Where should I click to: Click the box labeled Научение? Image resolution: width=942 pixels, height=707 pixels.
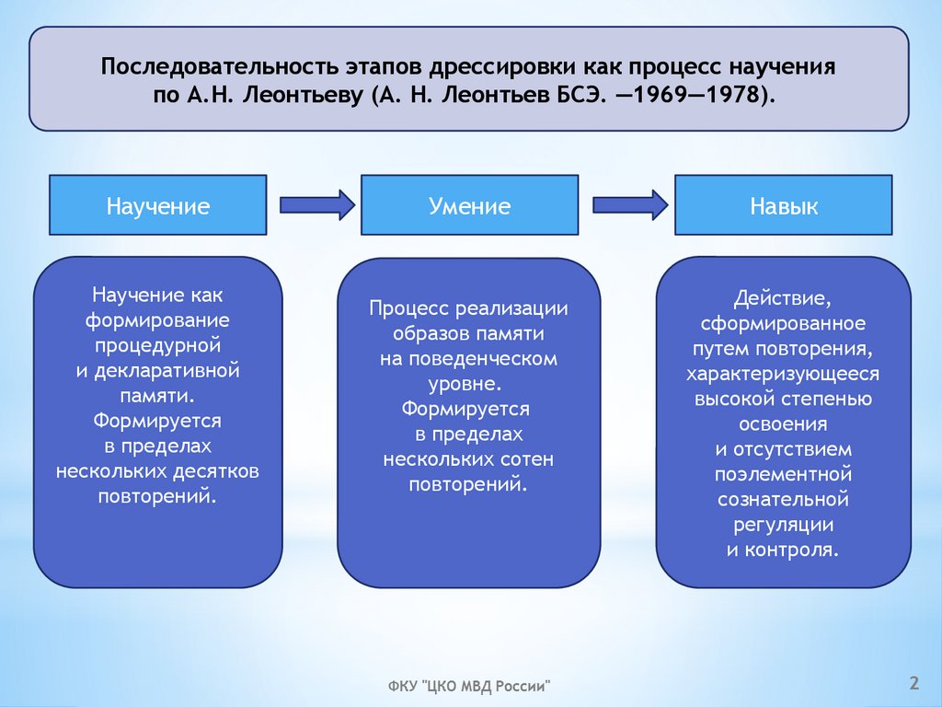[x=157, y=205]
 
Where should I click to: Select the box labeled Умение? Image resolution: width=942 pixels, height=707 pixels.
[x=469, y=205]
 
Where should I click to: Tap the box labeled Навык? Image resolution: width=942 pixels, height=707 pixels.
[x=783, y=205]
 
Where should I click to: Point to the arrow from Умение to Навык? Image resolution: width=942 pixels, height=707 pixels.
[x=630, y=204]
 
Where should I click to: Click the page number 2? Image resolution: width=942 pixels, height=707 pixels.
[x=913, y=682]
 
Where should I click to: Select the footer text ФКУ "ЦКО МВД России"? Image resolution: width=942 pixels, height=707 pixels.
[x=469, y=686]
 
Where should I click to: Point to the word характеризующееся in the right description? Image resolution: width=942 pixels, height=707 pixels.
[x=783, y=374]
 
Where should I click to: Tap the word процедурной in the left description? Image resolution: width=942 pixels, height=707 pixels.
[x=157, y=346]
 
